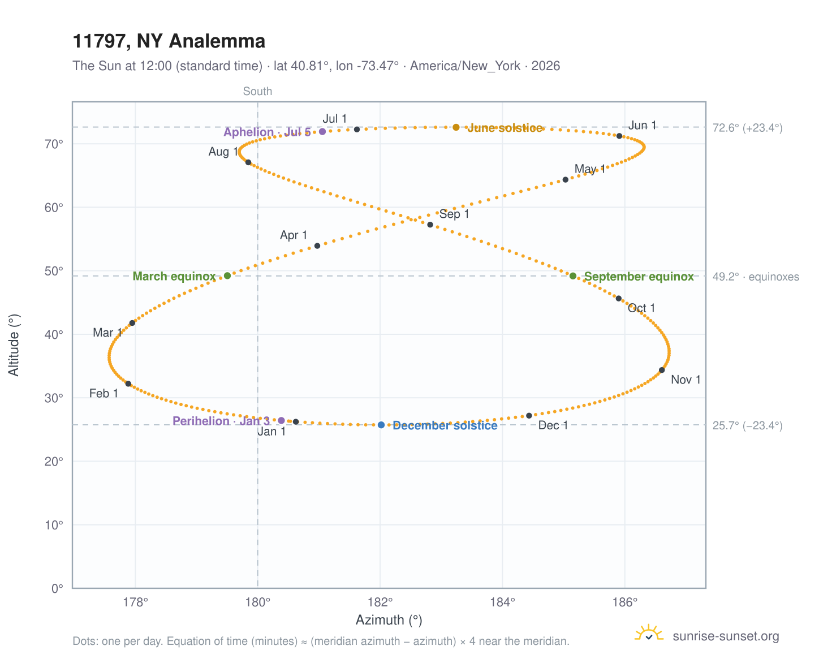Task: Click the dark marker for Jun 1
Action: tap(619, 136)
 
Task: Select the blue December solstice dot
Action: tap(381, 425)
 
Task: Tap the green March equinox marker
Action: tap(227, 275)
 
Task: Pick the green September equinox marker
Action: tap(573, 276)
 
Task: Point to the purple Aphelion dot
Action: tap(322, 132)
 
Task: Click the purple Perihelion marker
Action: tap(282, 420)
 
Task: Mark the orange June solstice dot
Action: tap(456, 127)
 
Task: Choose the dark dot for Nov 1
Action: tap(662, 370)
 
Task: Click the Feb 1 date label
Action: tap(104, 393)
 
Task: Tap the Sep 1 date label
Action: tap(454, 214)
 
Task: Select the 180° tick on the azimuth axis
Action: tap(257, 602)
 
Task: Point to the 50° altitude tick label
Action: tap(54, 271)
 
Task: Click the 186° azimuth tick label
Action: tap(625, 602)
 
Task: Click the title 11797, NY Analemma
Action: tap(169, 41)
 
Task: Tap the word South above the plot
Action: tap(257, 91)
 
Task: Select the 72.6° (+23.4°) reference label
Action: tap(747, 128)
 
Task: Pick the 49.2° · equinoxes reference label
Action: tap(755, 277)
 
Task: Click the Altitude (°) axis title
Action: tap(14, 344)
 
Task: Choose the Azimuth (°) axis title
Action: tap(389, 619)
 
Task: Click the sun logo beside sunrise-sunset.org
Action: tap(649, 633)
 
